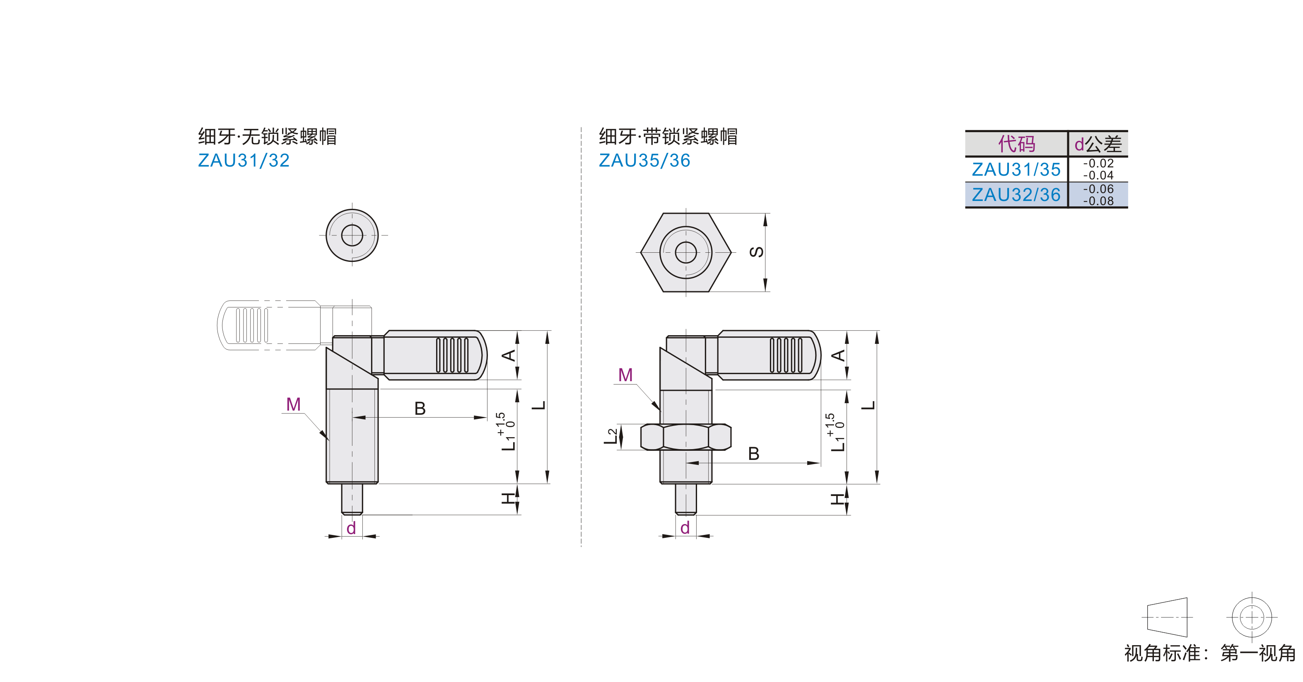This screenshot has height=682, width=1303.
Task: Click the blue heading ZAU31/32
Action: (x=244, y=160)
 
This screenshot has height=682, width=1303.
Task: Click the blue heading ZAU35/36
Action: (x=644, y=160)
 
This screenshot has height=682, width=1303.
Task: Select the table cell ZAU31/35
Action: (x=1016, y=169)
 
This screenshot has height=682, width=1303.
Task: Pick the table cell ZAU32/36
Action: (x=1016, y=195)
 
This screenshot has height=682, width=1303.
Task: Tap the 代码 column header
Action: (x=1016, y=144)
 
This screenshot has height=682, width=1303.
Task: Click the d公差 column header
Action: (x=1098, y=144)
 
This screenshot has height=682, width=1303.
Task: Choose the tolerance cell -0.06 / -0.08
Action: (x=1098, y=195)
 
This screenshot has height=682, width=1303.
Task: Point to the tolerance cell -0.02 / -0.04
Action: (x=1098, y=169)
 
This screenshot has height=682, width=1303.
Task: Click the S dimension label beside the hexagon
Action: (x=757, y=252)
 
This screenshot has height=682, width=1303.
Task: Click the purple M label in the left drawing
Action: (x=293, y=404)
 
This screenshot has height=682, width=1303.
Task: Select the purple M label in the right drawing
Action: (x=626, y=375)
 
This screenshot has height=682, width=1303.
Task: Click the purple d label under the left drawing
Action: (x=351, y=528)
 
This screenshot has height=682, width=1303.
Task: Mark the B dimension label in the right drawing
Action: (x=754, y=454)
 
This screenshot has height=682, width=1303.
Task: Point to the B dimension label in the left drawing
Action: (x=420, y=408)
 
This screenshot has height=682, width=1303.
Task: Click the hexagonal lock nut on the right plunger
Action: (x=686, y=437)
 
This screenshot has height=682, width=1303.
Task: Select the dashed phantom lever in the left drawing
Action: (x=268, y=325)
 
